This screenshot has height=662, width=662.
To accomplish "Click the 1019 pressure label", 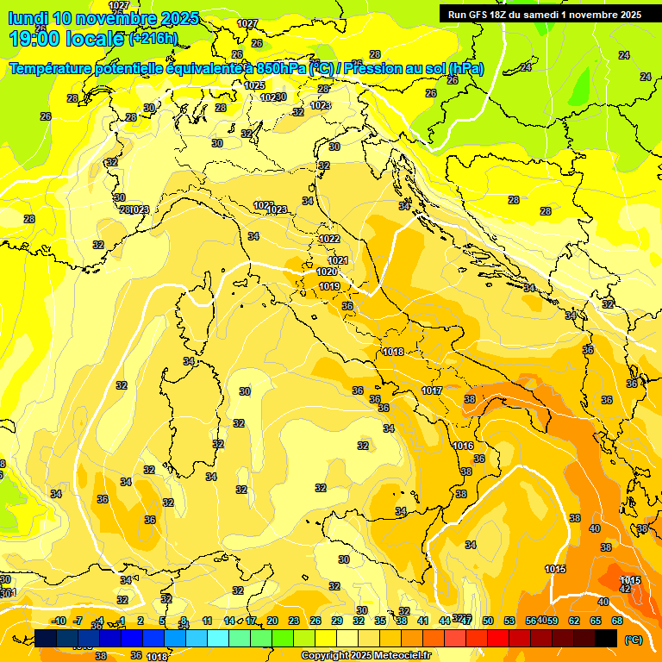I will click(328, 286).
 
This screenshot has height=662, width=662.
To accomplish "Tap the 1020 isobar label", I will click(328, 272).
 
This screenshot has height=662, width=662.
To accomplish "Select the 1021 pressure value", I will click(338, 260).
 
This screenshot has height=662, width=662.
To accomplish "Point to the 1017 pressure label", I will click(432, 390).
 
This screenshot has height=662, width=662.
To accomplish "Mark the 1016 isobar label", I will click(463, 446).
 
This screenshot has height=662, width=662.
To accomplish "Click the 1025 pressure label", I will click(254, 85).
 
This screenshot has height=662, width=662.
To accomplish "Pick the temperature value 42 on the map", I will click(626, 589).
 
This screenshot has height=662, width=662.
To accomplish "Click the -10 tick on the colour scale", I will click(59, 621).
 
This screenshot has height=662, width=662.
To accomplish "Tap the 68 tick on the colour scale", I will click(617, 621).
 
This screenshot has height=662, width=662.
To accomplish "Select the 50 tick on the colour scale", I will click(488, 621).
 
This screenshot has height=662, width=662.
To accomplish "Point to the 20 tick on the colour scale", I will click(272, 621).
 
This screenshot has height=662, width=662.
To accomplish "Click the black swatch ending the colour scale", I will click(606, 638).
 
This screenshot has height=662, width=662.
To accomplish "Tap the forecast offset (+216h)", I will click(153, 39).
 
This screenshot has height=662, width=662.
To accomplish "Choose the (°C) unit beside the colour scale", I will click(633, 639).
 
